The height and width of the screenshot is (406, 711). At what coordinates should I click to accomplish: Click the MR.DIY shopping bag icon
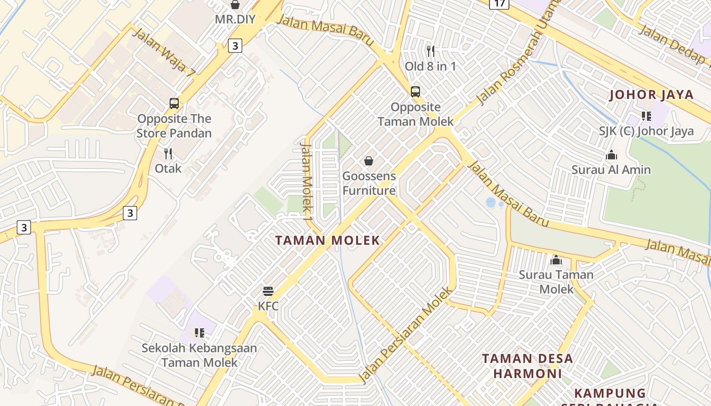coord(235,5)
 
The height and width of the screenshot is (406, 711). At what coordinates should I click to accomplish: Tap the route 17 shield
coord(500,4)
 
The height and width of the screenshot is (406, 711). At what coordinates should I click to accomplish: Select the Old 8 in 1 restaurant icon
coord(431,51)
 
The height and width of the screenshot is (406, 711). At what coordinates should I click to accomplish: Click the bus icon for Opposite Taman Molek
coord(415,92)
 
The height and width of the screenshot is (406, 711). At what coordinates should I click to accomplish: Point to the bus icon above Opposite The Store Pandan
coord(174,104)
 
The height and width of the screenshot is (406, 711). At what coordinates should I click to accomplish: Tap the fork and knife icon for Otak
coord(168,153)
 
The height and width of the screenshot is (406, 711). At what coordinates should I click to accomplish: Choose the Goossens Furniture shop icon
coord(369,161)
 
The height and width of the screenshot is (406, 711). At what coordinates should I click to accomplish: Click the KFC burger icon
coord(268,291)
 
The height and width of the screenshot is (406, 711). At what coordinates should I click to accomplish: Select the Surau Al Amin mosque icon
coord(611,155)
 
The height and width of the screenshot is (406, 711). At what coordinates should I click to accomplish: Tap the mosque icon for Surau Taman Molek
coord(556,260)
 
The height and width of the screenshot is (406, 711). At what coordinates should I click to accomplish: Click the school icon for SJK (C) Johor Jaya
coord(646,116)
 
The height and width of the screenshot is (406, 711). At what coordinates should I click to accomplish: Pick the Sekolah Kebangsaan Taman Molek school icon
coord(200,333)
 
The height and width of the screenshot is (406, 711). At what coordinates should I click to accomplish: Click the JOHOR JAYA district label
coord(651,95)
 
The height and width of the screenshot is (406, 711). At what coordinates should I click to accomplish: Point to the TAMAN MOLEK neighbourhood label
coord(328,241)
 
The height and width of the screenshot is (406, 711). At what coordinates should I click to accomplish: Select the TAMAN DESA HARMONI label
coord(527,366)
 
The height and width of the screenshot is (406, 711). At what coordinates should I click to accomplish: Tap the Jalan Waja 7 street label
coord(164,52)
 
